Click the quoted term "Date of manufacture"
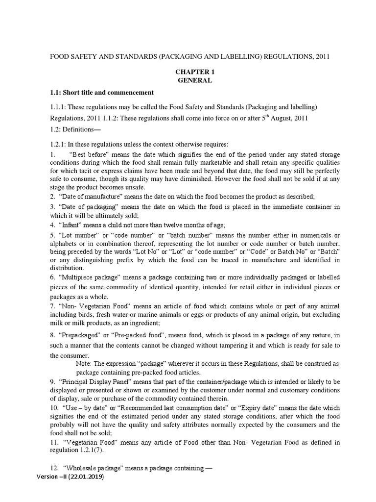coord(88,196)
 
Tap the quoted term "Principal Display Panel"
coord(99,382)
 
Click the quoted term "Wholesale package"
coord(93,468)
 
